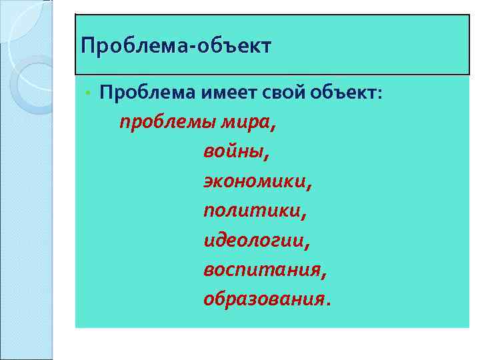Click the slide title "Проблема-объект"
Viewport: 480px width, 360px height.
pos(175,47)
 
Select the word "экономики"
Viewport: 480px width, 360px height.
pos(255,181)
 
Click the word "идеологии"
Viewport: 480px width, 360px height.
pos(254,240)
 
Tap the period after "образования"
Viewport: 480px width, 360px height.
pos(327,303)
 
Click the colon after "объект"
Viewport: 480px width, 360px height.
pos(380,94)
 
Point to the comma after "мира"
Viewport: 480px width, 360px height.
pos(273,128)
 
